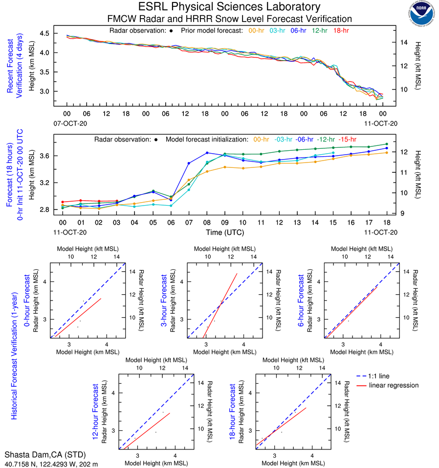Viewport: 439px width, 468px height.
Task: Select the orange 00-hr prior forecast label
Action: pos(257,30)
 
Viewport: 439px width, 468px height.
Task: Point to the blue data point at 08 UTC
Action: pos(207,153)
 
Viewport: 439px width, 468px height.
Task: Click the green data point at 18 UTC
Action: pos(387,144)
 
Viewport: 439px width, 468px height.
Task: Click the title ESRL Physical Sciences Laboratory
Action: pos(229,7)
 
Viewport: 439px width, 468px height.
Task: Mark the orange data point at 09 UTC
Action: pos(225,167)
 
